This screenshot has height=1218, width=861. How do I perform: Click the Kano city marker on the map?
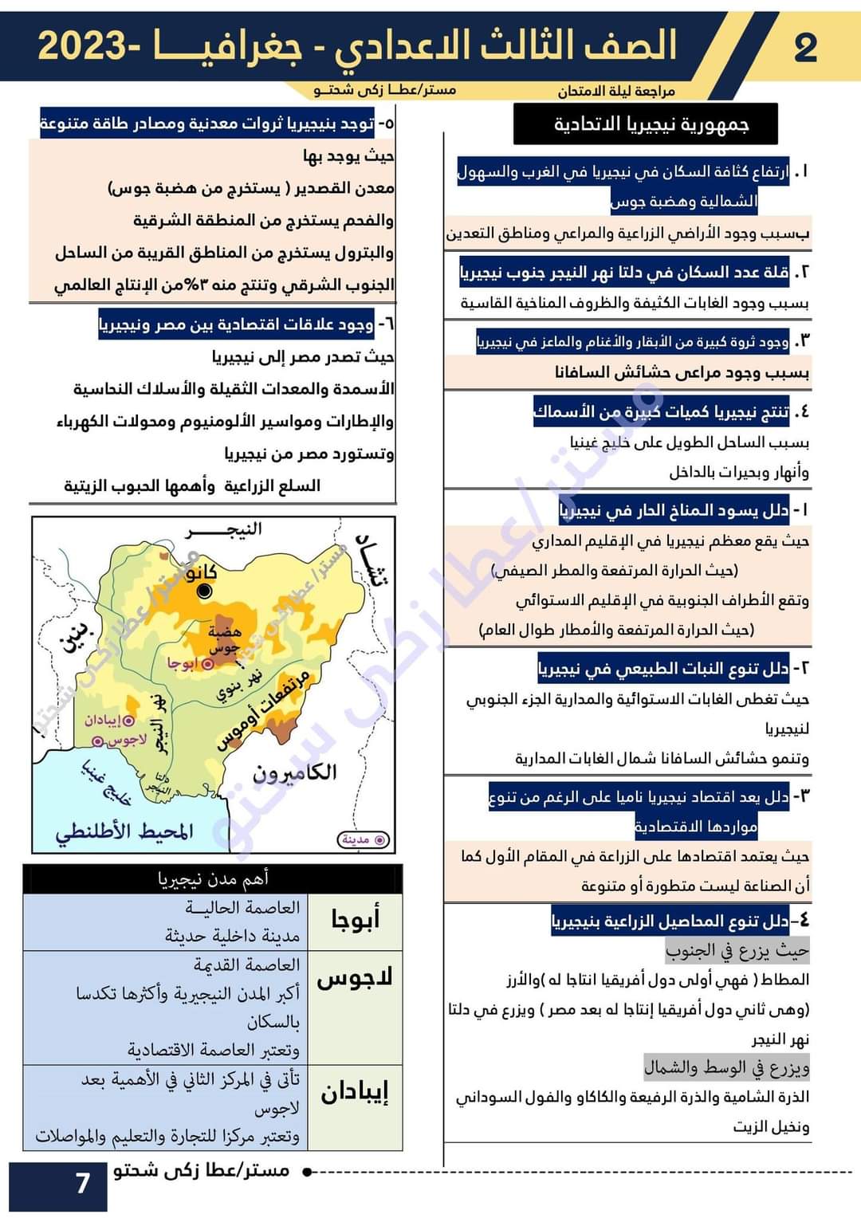coord(205,591)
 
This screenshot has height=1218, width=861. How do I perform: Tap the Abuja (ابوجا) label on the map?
coord(181,663)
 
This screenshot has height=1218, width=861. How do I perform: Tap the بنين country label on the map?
coord(77,638)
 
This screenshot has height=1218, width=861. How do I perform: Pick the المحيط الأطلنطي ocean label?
coord(124,831)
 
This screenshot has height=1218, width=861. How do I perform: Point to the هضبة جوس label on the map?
coord(224,638)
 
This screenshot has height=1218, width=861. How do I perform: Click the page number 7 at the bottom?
coord(82,1183)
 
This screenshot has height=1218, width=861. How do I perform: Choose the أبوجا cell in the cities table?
coord(355,920)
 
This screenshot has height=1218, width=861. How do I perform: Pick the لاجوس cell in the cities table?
coord(355,978)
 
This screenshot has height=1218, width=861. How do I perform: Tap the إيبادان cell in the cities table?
coord(355,1092)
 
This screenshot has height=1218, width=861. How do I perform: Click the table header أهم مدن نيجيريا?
coord(213,878)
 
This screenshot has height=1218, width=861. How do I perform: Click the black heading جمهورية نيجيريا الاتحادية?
coord(651,124)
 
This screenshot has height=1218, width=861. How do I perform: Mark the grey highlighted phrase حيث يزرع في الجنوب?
coord(737,950)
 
